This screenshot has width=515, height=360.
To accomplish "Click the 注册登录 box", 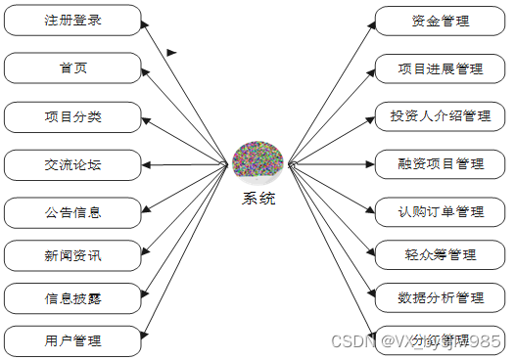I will click(x=72, y=20).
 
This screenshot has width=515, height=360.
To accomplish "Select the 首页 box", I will click(x=72, y=67).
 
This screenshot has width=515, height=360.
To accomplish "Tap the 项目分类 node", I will click(x=72, y=116).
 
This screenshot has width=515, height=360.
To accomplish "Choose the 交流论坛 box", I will click(x=72, y=164).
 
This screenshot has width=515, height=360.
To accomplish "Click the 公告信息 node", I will click(x=72, y=211).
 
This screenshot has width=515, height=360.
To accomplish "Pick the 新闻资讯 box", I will click(x=72, y=256).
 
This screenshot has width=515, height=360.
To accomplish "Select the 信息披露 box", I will click(x=72, y=298).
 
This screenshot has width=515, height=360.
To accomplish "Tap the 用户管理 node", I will click(x=72, y=341).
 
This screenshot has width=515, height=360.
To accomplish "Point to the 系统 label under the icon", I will click(x=258, y=199).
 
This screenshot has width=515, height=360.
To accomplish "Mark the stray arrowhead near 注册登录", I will click(x=172, y=53).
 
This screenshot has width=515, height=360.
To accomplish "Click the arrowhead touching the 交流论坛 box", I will click(x=147, y=164).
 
